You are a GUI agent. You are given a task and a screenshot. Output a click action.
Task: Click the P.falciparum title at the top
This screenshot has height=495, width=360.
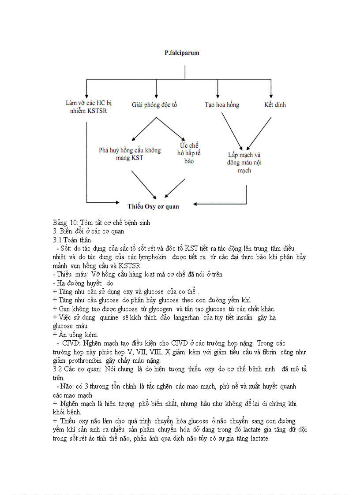tap(182, 53)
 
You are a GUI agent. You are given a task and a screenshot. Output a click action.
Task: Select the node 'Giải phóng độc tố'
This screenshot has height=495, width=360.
tap(154, 105)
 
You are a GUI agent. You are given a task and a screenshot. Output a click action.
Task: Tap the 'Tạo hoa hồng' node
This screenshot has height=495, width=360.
tap(222, 105)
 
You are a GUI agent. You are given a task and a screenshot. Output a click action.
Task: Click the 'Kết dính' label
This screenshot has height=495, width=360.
tap(275, 104)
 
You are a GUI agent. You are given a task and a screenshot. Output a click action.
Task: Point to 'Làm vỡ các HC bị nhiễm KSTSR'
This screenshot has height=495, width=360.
tap(89, 107)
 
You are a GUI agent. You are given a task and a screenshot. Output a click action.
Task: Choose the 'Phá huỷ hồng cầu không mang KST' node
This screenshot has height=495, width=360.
tap(130, 154)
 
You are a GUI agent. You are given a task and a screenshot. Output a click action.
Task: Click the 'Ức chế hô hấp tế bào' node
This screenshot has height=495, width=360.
tap(189, 153)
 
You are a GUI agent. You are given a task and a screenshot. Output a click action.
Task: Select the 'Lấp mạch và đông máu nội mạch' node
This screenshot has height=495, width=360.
tap(244, 163)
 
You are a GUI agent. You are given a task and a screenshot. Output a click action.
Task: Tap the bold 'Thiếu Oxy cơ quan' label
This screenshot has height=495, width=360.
tap(153, 206)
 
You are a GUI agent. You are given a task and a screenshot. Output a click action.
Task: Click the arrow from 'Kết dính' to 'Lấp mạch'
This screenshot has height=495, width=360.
tap(259, 134)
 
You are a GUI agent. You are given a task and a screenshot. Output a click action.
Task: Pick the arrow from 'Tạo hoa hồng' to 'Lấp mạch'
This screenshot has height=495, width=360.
tap(232, 131)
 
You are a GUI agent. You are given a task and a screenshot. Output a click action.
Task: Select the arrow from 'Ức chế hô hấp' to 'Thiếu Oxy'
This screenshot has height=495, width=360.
tap(175, 188)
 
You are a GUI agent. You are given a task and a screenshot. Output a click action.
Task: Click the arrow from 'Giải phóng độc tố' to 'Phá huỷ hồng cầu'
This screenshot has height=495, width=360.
tap(144, 129)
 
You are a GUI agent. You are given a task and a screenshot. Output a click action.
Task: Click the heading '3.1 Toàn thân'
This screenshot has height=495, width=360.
tap(72, 240)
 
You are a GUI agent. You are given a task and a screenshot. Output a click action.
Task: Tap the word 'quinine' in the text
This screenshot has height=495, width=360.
tap(109, 317)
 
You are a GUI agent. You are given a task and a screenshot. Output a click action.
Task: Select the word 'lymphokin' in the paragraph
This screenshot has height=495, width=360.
tap(152, 257)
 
